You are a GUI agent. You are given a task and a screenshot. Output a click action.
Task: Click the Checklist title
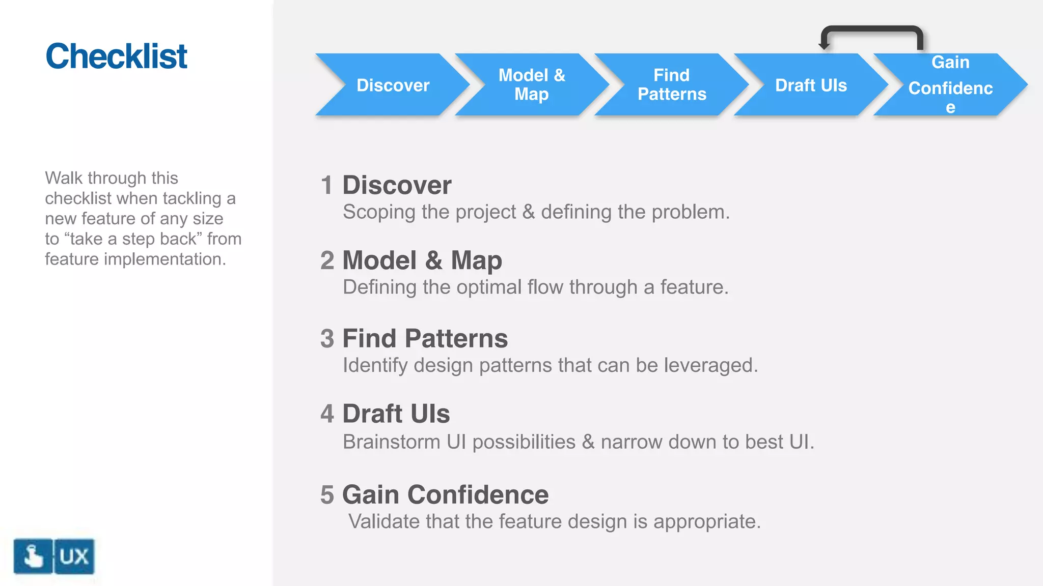pyautogui.click(x=116, y=56)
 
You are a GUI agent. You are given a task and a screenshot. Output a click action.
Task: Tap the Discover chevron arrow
pyautogui.click(x=392, y=85)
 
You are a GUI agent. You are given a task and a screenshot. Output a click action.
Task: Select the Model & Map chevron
pyautogui.click(x=532, y=85)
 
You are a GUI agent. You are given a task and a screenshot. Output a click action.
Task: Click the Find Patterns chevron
pyautogui.click(x=671, y=85)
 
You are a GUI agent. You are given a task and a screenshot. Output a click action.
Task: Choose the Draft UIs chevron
pyautogui.click(x=811, y=85)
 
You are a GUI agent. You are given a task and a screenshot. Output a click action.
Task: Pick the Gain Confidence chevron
pyautogui.click(x=950, y=85)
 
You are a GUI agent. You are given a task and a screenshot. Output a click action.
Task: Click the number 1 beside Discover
pyautogui.click(x=326, y=185)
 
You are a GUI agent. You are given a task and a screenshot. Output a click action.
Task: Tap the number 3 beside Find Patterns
pyautogui.click(x=327, y=339)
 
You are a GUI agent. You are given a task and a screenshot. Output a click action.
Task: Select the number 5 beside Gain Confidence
pyautogui.click(x=327, y=495)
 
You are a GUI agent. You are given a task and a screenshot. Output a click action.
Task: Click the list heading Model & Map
pyautogui.click(x=422, y=260)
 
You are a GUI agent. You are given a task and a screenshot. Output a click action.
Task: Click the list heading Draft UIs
pyautogui.click(x=396, y=414)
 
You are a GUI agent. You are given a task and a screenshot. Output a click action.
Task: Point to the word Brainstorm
pyautogui.click(x=391, y=442)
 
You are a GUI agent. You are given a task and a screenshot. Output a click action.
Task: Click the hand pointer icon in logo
pyautogui.click(x=33, y=556)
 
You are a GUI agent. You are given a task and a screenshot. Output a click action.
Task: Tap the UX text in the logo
pyautogui.click(x=74, y=556)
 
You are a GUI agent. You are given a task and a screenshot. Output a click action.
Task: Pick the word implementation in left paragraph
pyautogui.click(x=165, y=259)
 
